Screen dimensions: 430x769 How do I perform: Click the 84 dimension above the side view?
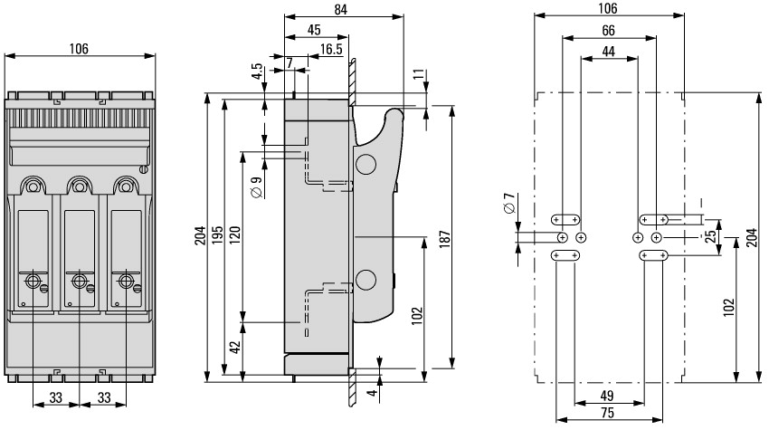pyautogui.click(x=342, y=9)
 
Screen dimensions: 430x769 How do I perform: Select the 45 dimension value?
pyautogui.click(x=313, y=29)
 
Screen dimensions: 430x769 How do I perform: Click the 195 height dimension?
pyautogui.click(x=230, y=234)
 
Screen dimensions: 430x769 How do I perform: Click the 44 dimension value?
pyautogui.click(x=608, y=52)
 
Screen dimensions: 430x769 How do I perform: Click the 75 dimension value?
pyautogui.click(x=608, y=414)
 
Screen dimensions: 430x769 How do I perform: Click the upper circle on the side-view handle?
pyautogui.click(x=366, y=164)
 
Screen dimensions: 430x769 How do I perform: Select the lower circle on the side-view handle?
pyautogui.click(x=366, y=278)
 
